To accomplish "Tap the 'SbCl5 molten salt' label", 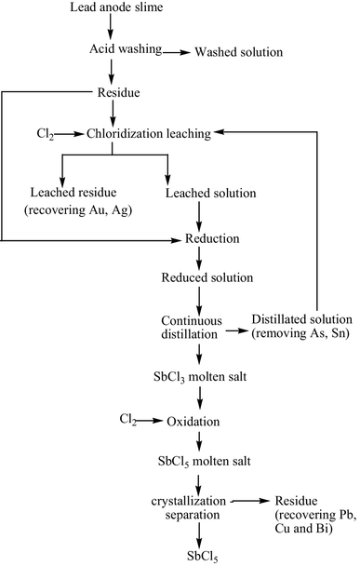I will [200, 462].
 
